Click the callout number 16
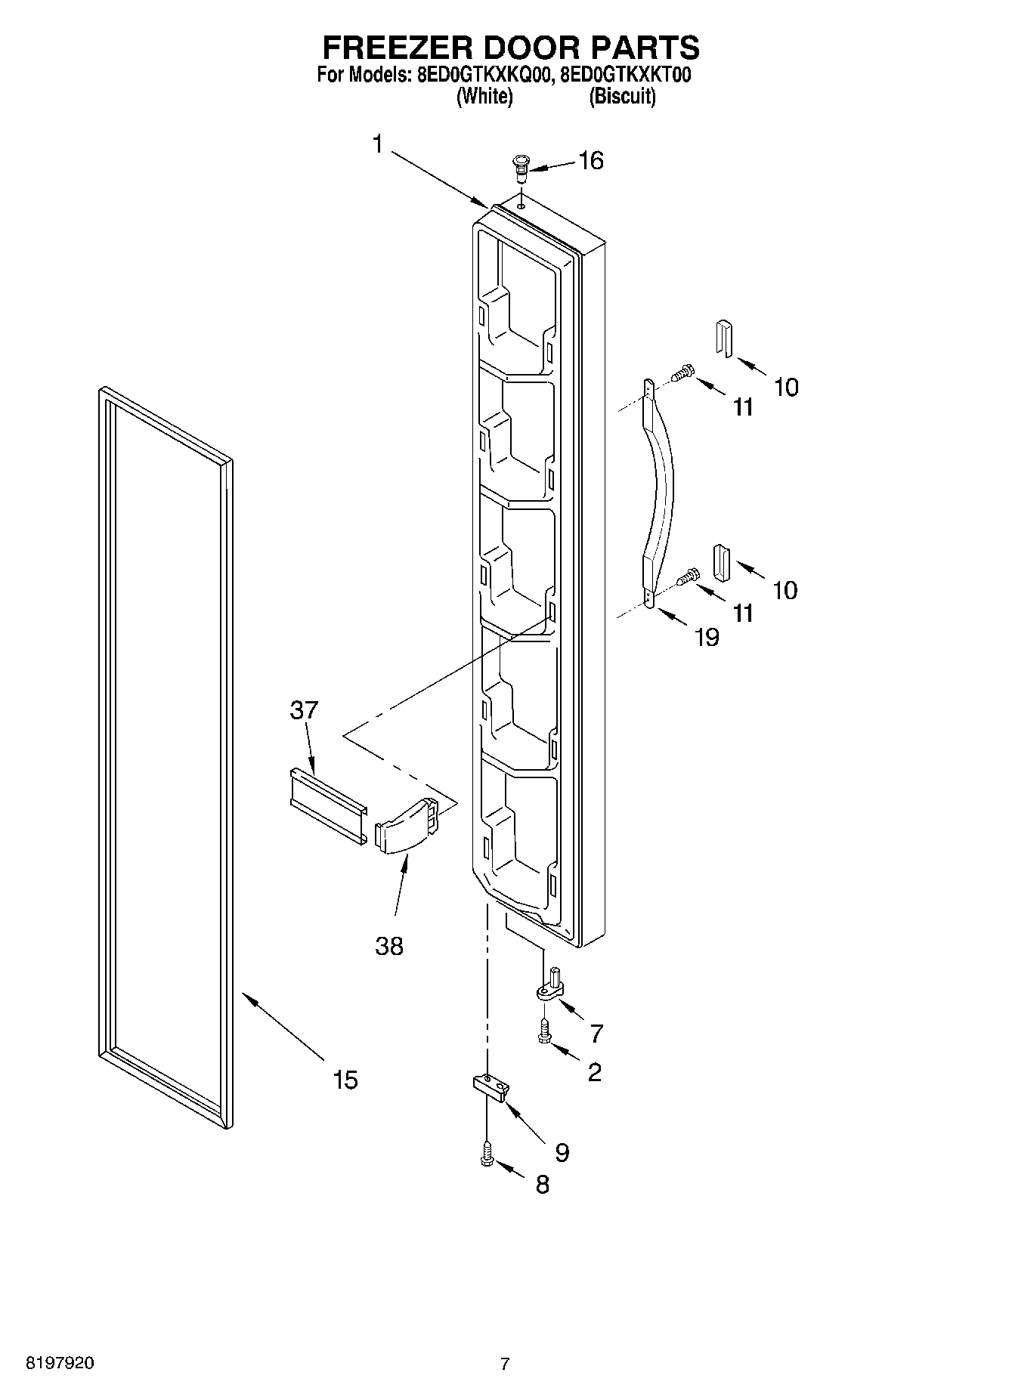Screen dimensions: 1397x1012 pyautogui.click(x=591, y=160)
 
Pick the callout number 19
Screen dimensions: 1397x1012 pyautogui.click(x=707, y=638)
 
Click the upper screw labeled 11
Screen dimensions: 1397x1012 pyautogui.click(x=684, y=373)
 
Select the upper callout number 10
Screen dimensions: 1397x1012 pyautogui.click(x=786, y=388)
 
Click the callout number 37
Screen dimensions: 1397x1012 pyautogui.click(x=304, y=710)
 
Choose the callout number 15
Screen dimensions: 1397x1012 pyautogui.click(x=345, y=1080)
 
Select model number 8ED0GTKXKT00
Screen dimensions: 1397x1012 pyautogui.click(x=625, y=76)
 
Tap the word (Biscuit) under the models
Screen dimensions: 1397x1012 pyautogui.click(x=622, y=97)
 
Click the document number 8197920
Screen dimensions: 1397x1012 pyautogui.click(x=60, y=1364)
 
